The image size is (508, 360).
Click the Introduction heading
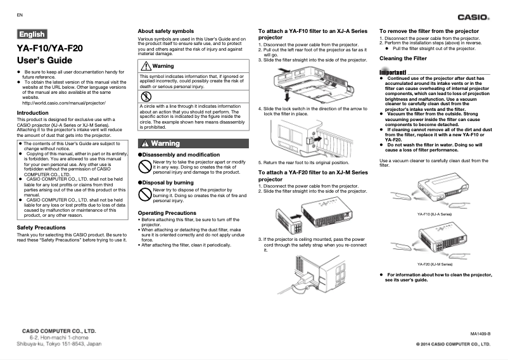[x=32, y=113]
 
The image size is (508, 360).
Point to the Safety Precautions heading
[x=41, y=227]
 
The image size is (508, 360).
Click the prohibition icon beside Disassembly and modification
[x=145, y=166]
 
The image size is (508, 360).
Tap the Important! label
[x=393, y=72]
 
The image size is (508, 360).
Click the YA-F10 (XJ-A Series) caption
[x=435, y=214]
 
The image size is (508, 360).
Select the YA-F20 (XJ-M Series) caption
[x=435, y=263]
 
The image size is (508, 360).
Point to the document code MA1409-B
[x=479, y=333]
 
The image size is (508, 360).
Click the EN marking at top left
[x=20, y=14]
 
